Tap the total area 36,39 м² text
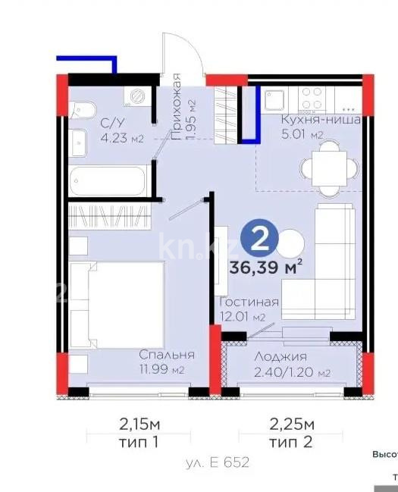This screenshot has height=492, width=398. [266, 266]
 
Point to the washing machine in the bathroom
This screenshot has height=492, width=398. [138, 96]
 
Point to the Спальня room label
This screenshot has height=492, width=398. [166, 355]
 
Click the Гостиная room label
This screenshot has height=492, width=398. [248, 302]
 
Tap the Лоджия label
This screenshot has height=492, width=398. [281, 357]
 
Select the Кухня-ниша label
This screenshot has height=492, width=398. [320, 120]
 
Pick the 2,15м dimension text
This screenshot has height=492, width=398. [137, 422]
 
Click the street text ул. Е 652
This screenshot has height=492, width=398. [217, 461]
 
